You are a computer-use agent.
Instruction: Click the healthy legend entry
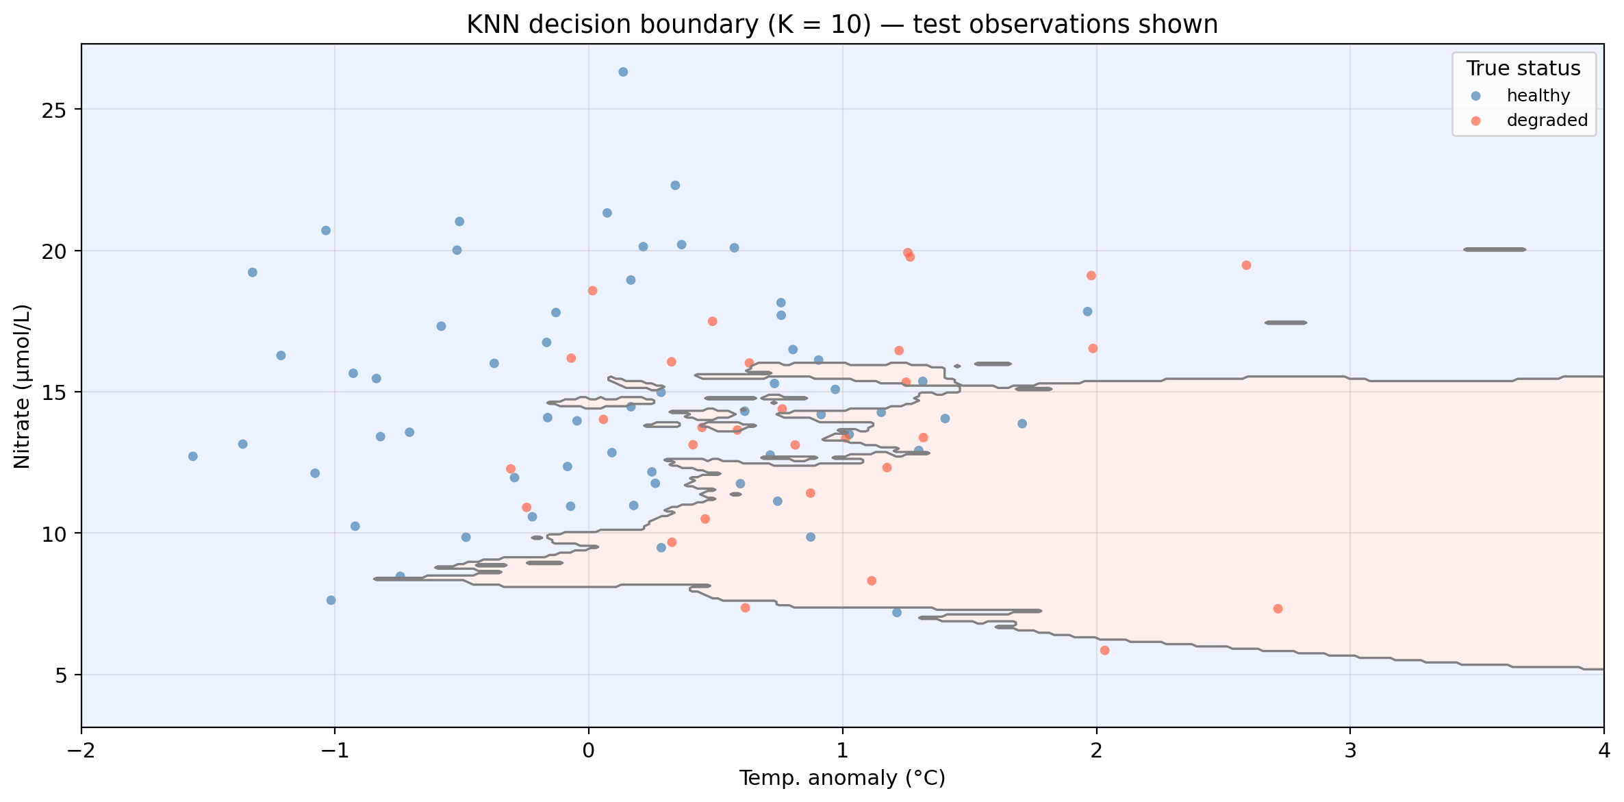(x=1538, y=96)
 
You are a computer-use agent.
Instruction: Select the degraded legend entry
(x=1547, y=121)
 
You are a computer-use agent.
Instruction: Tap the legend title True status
(x=1523, y=68)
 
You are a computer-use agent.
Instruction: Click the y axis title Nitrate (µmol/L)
(x=22, y=386)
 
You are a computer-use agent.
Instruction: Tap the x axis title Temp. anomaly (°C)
(x=842, y=778)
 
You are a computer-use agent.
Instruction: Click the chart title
(x=842, y=25)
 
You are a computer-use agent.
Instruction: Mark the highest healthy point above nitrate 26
(x=623, y=72)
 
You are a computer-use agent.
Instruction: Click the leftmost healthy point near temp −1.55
(x=193, y=456)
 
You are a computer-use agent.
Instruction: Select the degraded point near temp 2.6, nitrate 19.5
(x=1246, y=265)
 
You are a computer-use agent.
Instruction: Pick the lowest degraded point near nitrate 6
(x=1104, y=650)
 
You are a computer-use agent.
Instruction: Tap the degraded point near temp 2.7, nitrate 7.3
(x=1278, y=609)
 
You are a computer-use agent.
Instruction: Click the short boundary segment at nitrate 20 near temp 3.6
(x=1495, y=249)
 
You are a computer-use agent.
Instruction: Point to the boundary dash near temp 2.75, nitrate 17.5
(x=1286, y=323)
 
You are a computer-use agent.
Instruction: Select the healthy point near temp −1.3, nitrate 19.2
(x=252, y=272)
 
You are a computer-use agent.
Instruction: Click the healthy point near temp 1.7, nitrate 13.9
(x=1022, y=423)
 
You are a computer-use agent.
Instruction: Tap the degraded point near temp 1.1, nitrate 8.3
(x=872, y=581)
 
